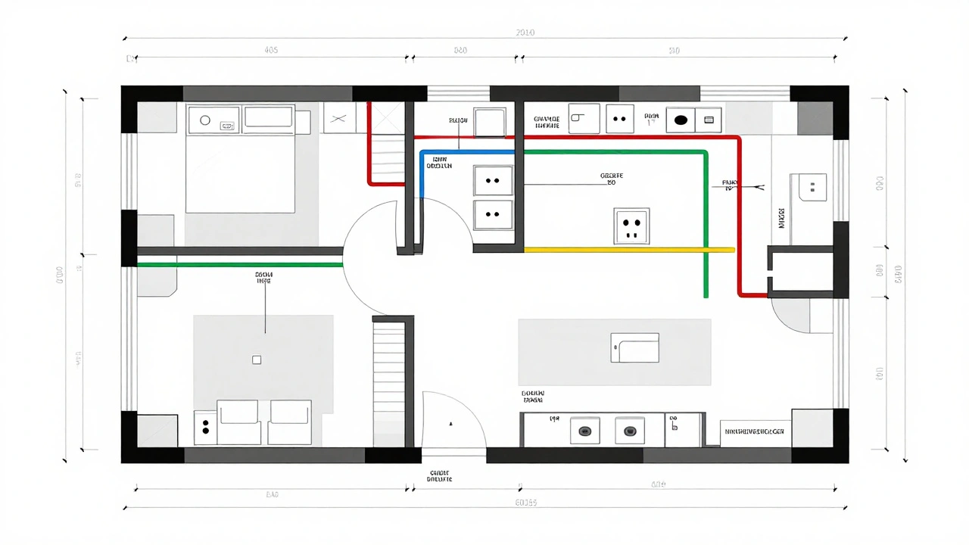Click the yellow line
pos(628,249)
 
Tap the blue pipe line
pos(466,152)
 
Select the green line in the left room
pos(239,265)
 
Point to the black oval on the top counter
pos(681,120)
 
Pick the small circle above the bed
pos(204,120)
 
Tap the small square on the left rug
pos(257,360)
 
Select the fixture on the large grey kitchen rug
pos(634,348)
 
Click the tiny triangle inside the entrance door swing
pos(451,422)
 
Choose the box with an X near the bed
pos(339,119)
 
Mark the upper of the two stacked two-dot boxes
pos(493,181)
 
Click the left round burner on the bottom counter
pos(584,431)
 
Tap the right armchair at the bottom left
pos(290,422)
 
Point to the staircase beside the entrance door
pos(389,382)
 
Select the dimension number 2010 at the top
pos(525,33)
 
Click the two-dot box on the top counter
pos(620,119)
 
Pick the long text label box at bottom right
pos(755,431)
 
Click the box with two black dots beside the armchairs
pos(205,428)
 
